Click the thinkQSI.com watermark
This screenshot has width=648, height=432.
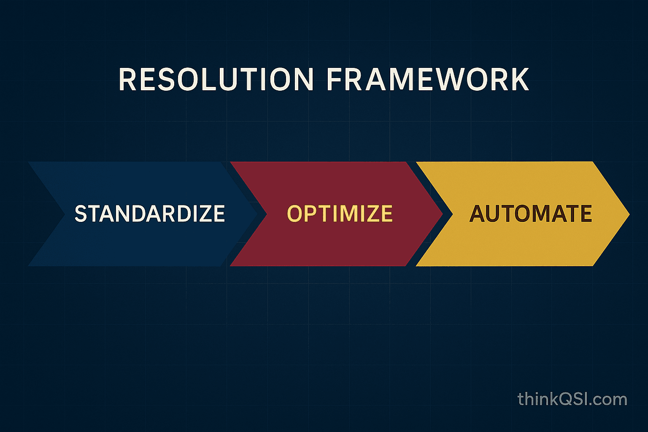pyautogui.click(x=572, y=399)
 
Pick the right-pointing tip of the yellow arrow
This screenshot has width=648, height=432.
pyautogui.click(x=629, y=214)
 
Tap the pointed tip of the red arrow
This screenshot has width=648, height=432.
pyautogui.click(x=443, y=214)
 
